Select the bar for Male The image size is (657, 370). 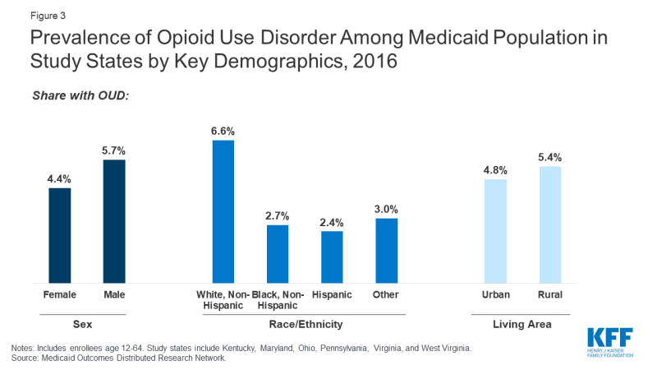point(114,222)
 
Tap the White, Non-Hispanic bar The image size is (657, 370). point(223,212)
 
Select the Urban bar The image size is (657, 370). point(495,231)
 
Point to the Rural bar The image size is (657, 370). point(549,225)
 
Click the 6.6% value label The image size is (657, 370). point(223,131)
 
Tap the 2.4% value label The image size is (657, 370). point(332,222)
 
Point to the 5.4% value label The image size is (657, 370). point(549,157)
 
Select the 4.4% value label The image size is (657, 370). point(60,178)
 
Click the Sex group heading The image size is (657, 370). point(87,325)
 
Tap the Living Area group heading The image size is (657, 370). point(522,325)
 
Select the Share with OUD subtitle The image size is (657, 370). point(80,96)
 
